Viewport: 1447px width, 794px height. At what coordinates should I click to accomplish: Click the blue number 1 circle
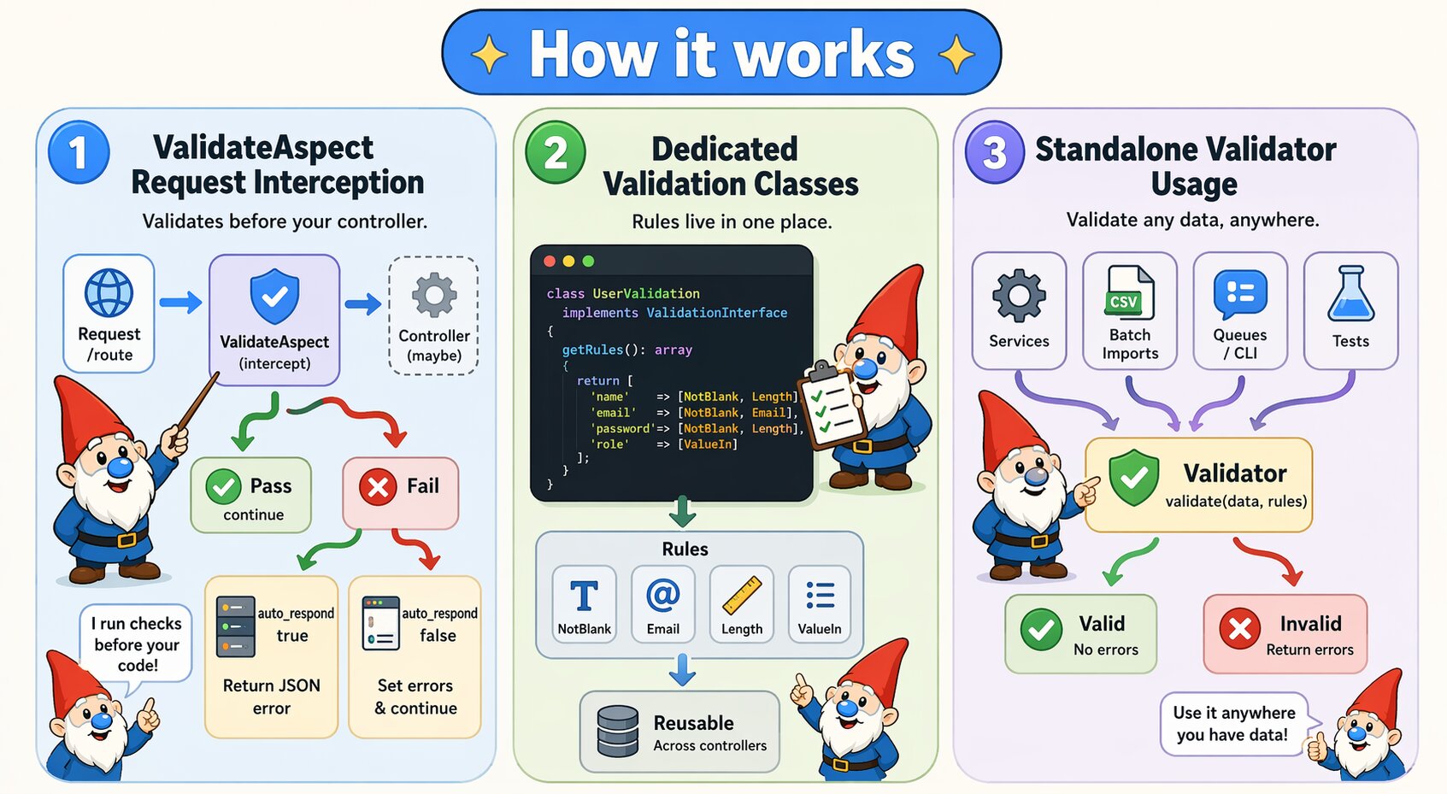tap(79, 153)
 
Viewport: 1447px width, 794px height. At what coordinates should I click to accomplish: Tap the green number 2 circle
tap(556, 153)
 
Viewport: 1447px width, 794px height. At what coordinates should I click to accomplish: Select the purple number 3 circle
tap(994, 153)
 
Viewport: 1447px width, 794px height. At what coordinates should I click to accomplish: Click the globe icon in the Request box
tap(109, 293)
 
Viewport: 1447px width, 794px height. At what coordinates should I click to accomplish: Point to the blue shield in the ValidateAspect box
tap(274, 297)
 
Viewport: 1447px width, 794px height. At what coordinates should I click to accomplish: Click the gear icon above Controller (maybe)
tap(434, 296)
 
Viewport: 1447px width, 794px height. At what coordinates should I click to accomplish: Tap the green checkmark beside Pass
tap(223, 487)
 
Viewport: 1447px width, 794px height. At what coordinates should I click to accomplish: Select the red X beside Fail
tap(378, 487)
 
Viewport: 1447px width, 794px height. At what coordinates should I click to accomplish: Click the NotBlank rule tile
tap(585, 603)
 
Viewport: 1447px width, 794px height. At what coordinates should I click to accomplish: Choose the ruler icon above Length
tap(742, 596)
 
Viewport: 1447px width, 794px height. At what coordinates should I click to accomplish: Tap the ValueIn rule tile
tap(820, 603)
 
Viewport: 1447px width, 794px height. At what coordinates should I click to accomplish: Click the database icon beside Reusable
tap(618, 732)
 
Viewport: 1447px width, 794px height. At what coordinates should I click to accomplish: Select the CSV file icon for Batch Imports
tap(1130, 293)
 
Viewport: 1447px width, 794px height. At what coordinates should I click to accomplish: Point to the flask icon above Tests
tap(1350, 294)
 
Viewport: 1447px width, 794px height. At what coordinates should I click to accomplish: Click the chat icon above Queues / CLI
tap(1240, 294)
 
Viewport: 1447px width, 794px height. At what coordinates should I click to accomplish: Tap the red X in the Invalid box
tap(1240, 630)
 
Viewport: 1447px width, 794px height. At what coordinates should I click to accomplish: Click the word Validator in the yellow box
tap(1235, 473)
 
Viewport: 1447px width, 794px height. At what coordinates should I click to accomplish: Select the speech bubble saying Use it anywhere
tap(1233, 724)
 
